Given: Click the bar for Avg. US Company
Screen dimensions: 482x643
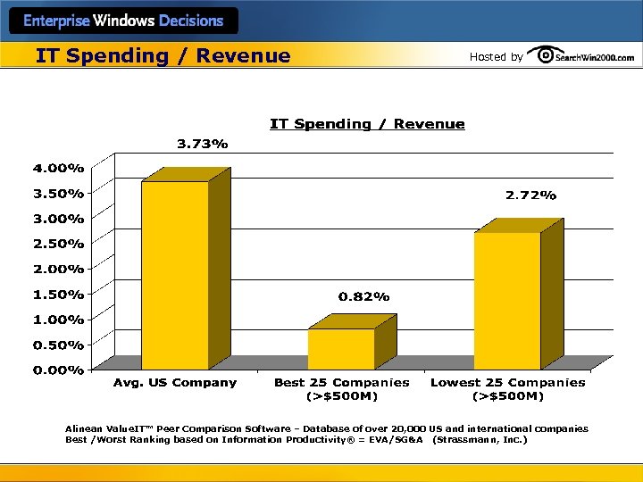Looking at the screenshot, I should click(175, 275).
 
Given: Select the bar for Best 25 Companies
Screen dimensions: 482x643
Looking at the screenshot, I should click(341, 349).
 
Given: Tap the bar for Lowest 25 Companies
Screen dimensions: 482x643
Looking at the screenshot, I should click(507, 301).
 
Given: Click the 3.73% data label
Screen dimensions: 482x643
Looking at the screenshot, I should click(202, 144).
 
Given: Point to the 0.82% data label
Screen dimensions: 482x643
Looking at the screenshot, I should click(363, 296).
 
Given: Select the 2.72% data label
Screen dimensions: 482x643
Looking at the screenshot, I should click(530, 195).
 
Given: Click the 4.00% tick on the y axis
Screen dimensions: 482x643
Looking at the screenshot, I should click(59, 168).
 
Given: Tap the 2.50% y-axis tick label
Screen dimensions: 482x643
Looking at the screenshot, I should click(59, 244).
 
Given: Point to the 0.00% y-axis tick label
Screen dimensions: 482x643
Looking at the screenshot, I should click(59, 370).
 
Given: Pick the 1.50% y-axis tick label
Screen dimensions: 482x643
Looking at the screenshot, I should click(59, 294).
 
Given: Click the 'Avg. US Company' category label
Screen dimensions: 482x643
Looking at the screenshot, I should click(175, 383).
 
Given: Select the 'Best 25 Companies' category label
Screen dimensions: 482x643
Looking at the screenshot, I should click(341, 383).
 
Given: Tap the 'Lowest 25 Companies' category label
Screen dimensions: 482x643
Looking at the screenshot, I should click(507, 383).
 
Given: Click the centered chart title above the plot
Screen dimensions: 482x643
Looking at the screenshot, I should click(367, 124).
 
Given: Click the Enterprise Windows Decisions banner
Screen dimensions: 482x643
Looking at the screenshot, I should click(123, 21).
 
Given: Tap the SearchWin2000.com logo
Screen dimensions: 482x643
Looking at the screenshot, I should click(581, 55).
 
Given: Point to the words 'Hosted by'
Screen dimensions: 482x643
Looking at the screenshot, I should click(496, 57).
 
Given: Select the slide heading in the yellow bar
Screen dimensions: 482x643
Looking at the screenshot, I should click(163, 55).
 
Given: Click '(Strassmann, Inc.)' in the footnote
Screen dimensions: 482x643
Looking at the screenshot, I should click(480, 440).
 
